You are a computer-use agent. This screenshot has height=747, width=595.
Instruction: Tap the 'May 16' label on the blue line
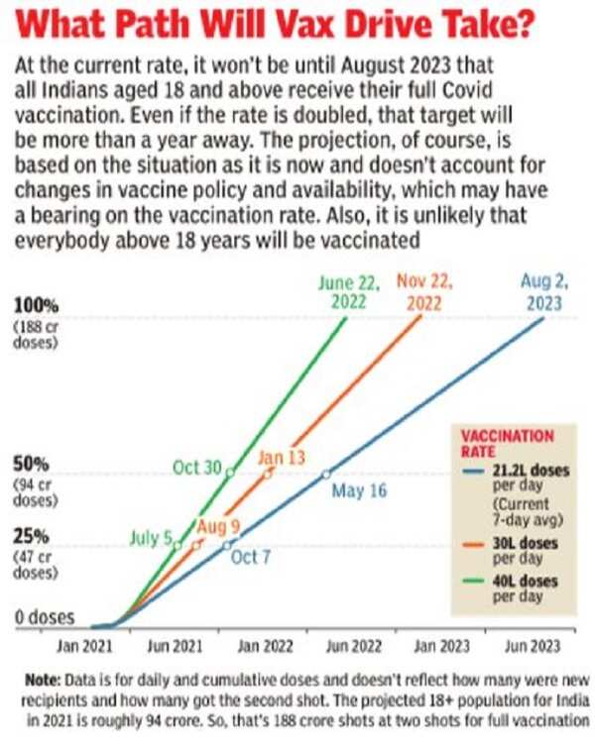358,490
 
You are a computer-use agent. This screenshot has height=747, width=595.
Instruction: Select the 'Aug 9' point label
218,525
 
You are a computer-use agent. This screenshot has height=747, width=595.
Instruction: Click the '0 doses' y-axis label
45,617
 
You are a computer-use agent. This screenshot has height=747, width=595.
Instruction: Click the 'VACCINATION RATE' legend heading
509,443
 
